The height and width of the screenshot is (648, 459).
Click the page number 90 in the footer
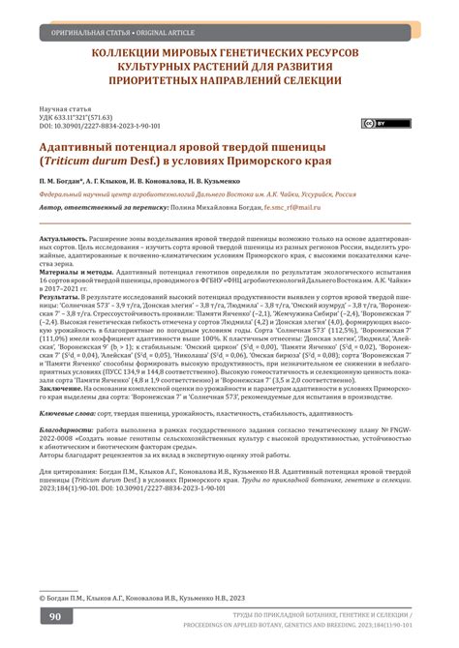pyautogui.click(x=57, y=616)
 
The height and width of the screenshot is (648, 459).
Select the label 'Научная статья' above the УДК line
pyautogui.click(x=67, y=108)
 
